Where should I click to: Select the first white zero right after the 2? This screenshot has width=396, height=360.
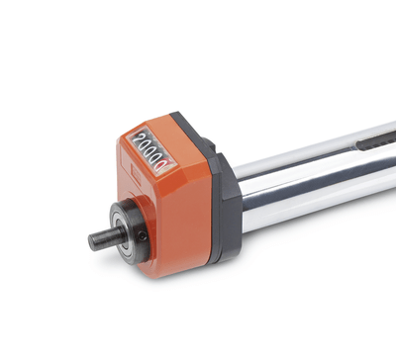[148, 143]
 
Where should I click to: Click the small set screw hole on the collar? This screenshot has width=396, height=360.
[143, 235]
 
